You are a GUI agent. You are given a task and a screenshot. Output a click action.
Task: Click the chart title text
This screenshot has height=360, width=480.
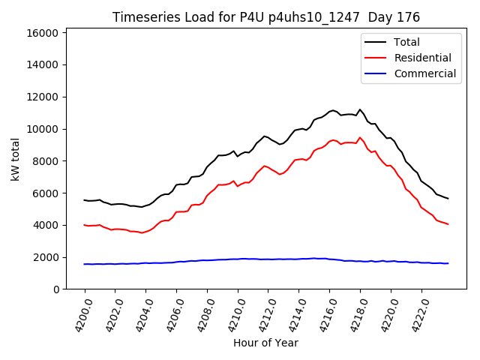tap(266, 17)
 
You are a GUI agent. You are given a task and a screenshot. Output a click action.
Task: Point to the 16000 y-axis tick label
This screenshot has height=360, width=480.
tap(43, 33)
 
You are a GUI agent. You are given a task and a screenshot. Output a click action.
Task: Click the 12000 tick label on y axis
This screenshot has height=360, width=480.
tap(43, 97)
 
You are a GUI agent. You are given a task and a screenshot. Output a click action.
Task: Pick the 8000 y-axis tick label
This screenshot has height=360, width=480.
tap(46, 161)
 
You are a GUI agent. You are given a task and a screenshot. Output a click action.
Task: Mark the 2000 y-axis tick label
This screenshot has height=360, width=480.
tap(46, 257)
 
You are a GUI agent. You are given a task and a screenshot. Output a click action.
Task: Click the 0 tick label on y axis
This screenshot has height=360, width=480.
tap(56, 289)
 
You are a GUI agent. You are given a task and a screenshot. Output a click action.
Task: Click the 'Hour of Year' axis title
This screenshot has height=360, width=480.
tap(265, 343)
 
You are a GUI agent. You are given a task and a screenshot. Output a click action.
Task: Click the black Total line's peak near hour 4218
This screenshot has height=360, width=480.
tap(360, 109)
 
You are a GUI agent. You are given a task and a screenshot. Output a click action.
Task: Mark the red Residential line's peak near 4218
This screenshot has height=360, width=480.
tap(360, 137)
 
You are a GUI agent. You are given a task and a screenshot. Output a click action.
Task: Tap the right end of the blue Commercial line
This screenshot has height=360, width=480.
tap(448, 263)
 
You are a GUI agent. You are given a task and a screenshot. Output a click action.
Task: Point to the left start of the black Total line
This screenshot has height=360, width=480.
tap(85, 200)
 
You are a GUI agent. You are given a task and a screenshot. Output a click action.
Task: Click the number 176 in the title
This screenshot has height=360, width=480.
tap(409, 17)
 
